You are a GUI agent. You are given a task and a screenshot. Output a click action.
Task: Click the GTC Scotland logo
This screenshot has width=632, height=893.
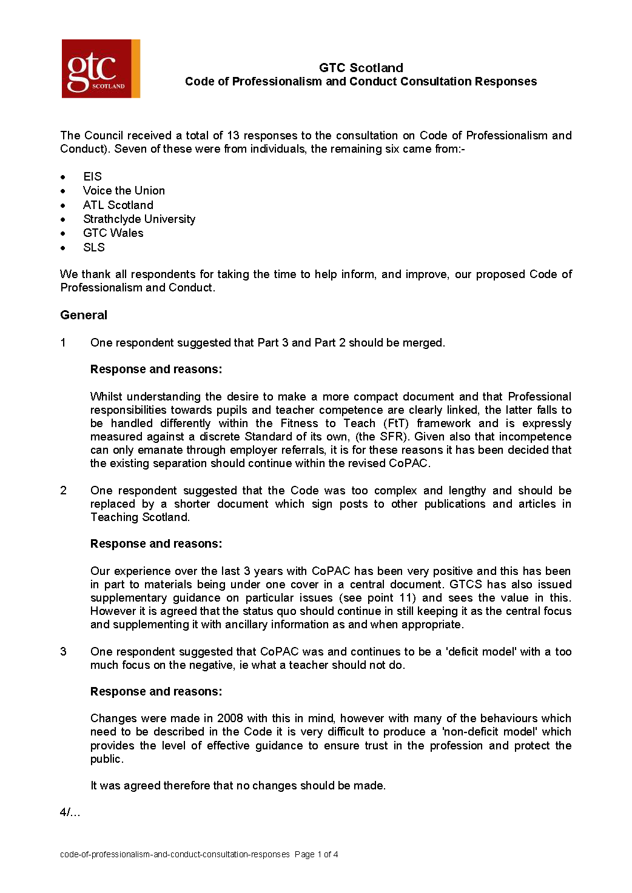click(101, 68)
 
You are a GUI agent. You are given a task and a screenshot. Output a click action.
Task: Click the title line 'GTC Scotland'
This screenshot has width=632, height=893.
click(361, 68)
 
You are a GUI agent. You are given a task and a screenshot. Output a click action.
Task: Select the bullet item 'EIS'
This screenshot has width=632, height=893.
click(92, 176)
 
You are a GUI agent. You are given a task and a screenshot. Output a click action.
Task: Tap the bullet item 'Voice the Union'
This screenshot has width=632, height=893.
click(124, 190)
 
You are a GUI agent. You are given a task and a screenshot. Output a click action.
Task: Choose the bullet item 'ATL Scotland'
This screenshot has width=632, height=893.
click(118, 205)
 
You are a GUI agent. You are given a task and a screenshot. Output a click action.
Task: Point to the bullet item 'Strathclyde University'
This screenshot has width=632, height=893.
click(139, 219)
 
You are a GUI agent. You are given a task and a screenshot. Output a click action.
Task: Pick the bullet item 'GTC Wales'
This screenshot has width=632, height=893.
click(113, 233)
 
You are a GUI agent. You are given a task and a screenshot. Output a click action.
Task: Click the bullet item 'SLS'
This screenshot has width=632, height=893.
click(94, 247)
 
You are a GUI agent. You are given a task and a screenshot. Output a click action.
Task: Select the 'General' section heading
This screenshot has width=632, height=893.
click(84, 315)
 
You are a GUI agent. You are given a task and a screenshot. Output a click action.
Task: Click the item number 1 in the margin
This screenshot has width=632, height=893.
click(63, 343)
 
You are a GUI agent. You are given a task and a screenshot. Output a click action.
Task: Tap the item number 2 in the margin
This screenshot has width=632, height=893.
click(63, 491)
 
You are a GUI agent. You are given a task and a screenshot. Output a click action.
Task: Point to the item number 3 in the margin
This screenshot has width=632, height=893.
click(63, 652)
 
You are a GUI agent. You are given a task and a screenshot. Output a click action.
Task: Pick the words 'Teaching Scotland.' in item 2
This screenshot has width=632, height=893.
click(140, 517)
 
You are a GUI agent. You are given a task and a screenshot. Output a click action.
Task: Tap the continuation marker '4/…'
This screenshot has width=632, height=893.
click(70, 813)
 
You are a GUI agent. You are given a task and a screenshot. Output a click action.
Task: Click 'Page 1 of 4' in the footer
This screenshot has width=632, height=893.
click(316, 854)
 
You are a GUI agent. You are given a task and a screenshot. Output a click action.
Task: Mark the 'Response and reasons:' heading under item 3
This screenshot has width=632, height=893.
click(156, 691)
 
